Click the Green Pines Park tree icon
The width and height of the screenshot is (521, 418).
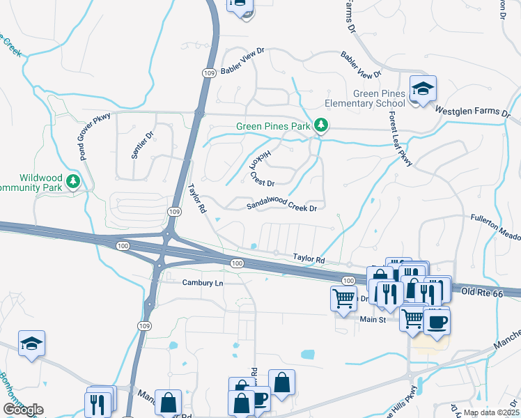tap(321, 126)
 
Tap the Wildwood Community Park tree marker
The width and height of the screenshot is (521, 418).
tap(73, 183)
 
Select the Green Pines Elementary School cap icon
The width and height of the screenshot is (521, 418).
tap(423, 89)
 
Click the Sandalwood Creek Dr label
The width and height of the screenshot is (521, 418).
tap(282, 207)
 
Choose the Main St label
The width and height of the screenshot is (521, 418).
tap(373, 319)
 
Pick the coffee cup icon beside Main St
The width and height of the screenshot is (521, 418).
tap(437, 322)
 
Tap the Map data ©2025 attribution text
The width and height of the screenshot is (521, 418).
tap(490, 412)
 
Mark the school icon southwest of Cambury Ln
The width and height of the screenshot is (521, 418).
tap(31, 344)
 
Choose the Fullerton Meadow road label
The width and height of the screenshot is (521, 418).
tap(495, 218)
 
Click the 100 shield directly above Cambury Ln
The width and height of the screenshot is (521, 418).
tap(237, 263)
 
